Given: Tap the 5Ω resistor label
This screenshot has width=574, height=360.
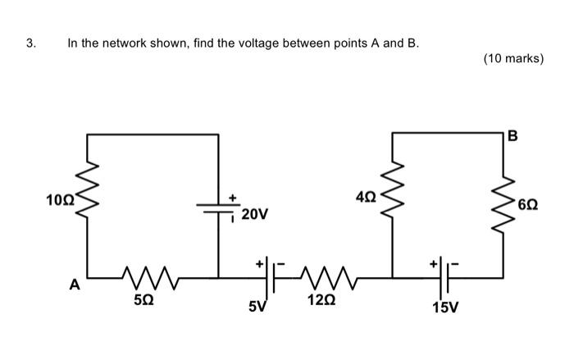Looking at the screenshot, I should (x=142, y=300).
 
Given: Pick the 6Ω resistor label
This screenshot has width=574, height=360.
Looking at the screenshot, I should (x=530, y=203).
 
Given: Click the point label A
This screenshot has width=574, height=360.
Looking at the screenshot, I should (x=75, y=285).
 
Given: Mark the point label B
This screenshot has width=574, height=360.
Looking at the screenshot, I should (x=512, y=136).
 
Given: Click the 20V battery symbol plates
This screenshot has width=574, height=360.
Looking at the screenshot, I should (x=219, y=207).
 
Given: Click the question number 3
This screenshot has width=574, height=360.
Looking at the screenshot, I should (x=30, y=43).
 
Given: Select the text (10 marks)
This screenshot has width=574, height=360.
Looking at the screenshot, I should (x=513, y=58).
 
